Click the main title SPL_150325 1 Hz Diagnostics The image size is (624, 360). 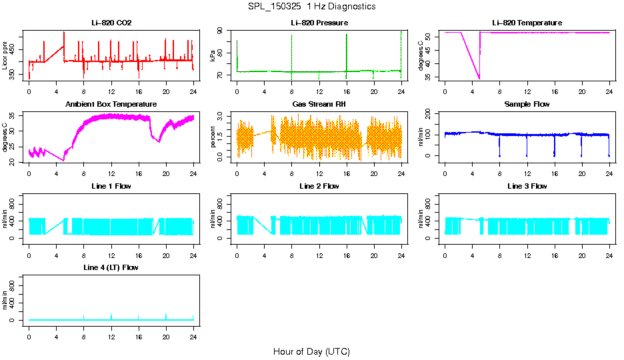coord(311,7)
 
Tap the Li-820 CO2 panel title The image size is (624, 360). coord(111,23)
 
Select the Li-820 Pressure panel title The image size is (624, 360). coord(319,23)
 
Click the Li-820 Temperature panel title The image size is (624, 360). coord(527,23)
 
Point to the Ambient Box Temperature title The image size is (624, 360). coord(111,105)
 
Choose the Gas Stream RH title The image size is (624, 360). coord(319,105)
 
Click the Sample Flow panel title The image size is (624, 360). coord(527,105)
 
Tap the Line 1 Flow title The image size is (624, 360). coord(111,186)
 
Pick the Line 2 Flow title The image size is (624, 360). coord(319,186)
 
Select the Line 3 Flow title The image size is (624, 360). coord(527,186)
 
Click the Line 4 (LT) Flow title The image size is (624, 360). coord(111,267)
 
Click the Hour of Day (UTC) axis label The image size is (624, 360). coord(311,351)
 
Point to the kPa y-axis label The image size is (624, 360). coord(213,56)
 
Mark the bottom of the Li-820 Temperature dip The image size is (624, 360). coord(479,79)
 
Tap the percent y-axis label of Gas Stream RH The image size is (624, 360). coord(213,137)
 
